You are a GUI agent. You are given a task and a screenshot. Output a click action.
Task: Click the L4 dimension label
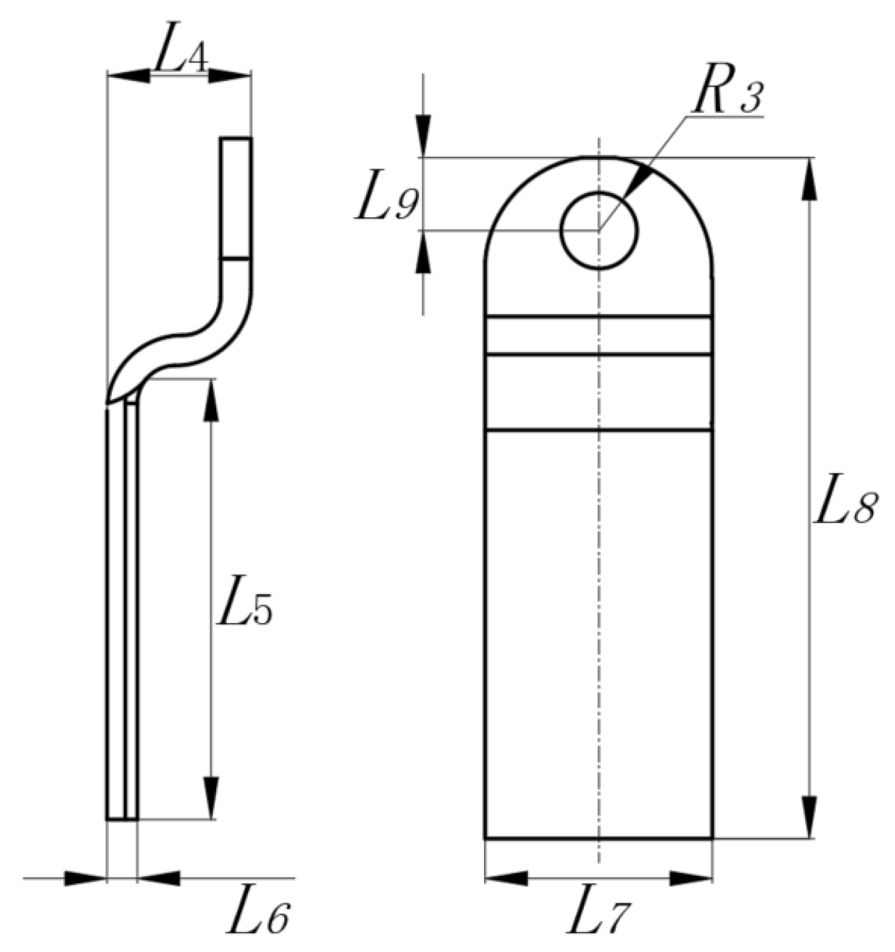(180, 57)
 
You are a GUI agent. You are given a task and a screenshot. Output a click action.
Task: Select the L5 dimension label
(244, 609)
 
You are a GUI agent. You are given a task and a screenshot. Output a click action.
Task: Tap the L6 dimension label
(258, 916)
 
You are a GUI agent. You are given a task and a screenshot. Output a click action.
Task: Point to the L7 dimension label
(598, 917)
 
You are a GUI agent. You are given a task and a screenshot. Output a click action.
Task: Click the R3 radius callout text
(728, 97)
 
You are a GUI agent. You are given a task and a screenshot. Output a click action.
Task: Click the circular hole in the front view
(599, 230)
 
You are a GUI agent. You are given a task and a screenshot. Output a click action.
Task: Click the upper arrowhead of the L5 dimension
(211, 400)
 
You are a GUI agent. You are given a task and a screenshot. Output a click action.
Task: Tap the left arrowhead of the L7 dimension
(507, 878)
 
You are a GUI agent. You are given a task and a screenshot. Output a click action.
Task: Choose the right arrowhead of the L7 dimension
(691, 878)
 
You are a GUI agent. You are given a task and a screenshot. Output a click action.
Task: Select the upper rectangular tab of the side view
(235, 197)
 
